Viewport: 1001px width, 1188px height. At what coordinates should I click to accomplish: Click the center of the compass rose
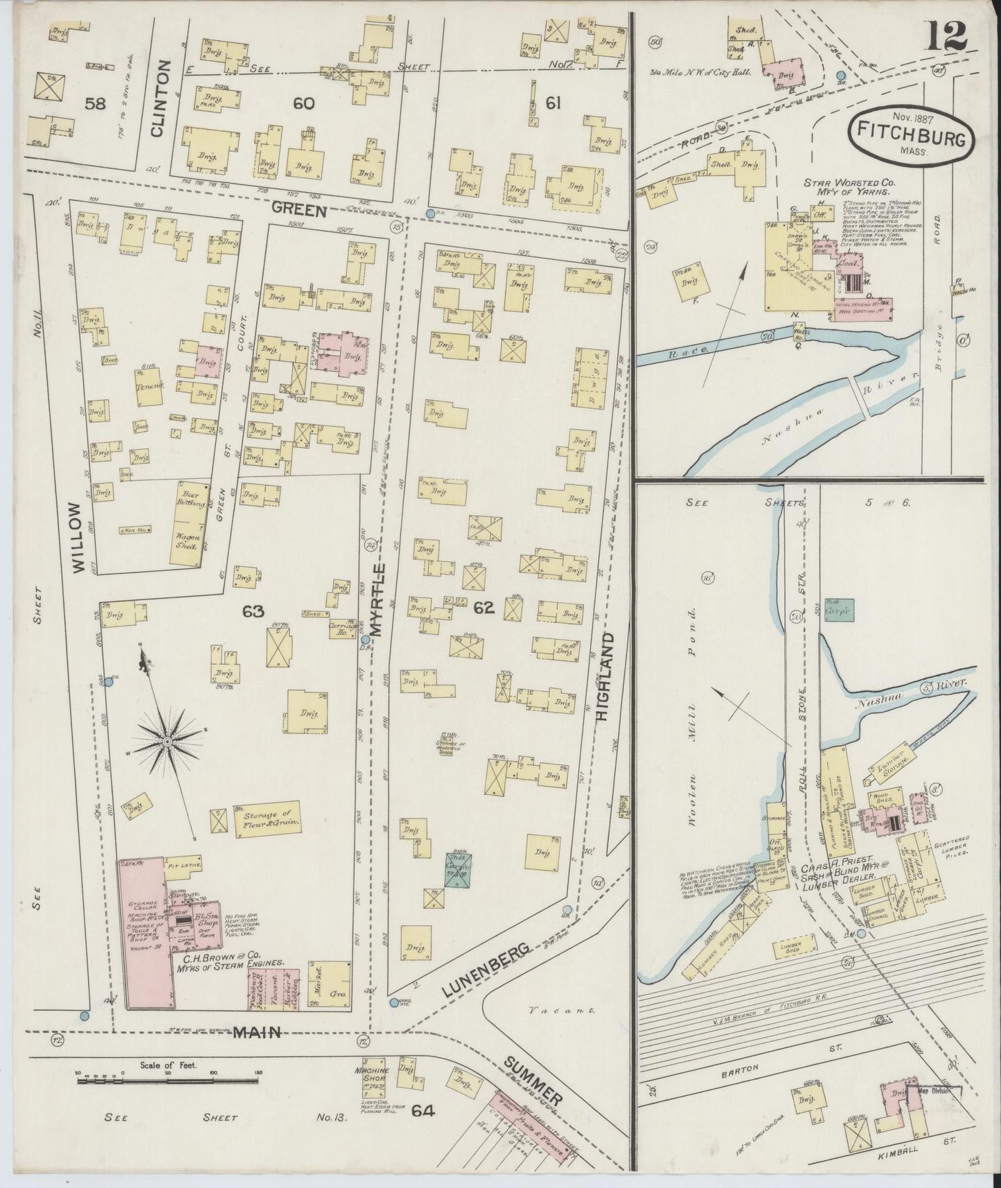(x=167, y=742)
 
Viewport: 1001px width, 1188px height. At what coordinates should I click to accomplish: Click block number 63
(x=253, y=611)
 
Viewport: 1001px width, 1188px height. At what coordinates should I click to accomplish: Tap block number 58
(x=95, y=104)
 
